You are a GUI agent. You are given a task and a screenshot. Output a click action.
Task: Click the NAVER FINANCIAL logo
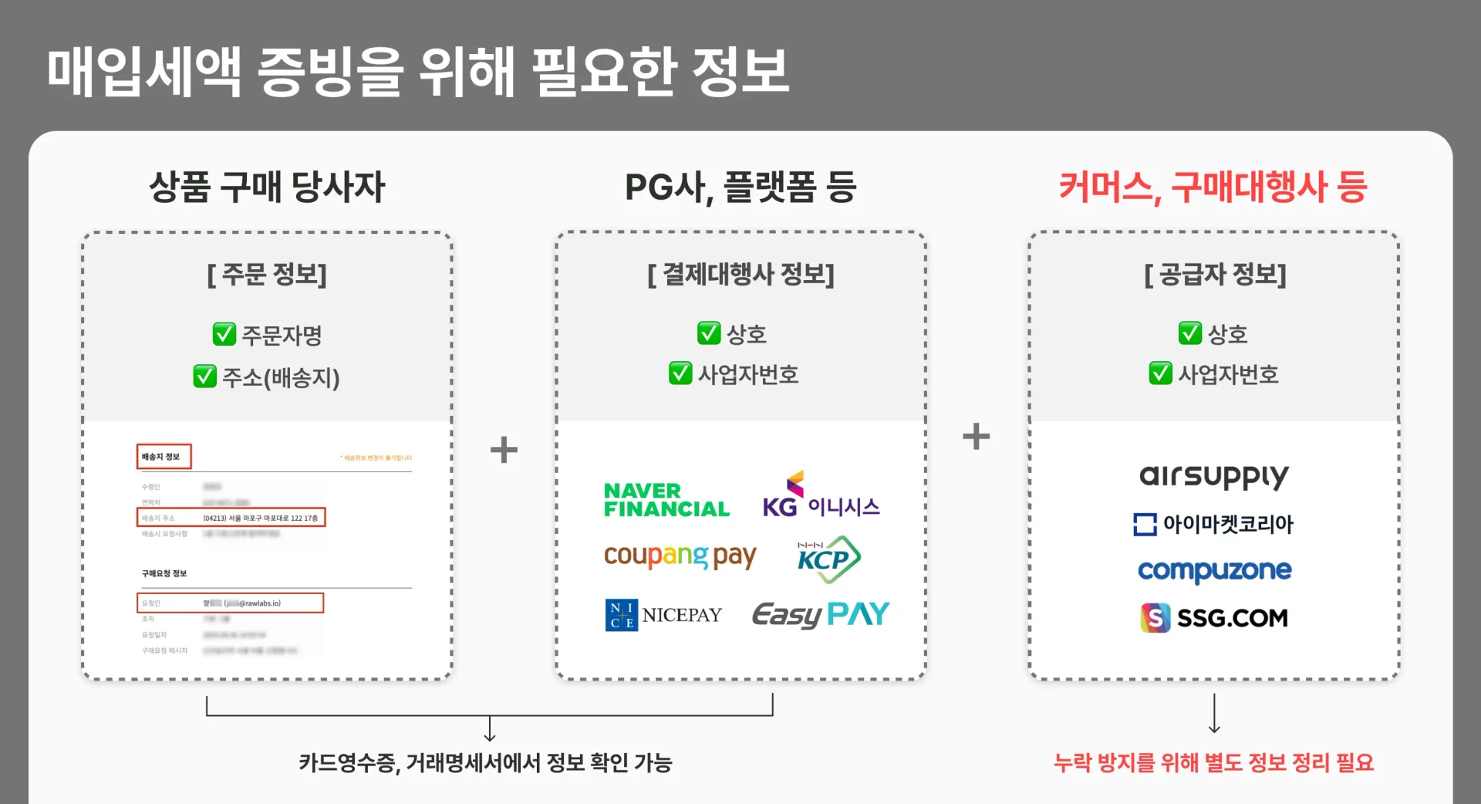666,500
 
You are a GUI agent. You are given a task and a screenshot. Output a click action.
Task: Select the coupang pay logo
680,556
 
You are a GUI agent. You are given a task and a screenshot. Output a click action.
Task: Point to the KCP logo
828,559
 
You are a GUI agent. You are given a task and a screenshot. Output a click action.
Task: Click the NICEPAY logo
664,615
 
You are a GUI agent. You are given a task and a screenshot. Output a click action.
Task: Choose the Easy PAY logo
821,614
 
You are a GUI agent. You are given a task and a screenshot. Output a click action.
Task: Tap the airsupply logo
1213,476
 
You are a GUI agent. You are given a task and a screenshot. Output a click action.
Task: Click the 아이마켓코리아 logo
1213,524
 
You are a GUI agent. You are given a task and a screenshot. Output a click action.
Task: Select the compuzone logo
1214,571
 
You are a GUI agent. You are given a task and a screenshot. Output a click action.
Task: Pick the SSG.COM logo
1214,618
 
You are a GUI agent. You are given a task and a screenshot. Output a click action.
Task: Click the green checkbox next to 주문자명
224,335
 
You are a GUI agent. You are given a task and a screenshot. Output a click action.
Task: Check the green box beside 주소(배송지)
204,377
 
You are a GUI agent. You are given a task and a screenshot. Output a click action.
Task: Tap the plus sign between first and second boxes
504,450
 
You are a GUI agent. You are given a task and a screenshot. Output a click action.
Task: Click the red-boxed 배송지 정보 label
164,457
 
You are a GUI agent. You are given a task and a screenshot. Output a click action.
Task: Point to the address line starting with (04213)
260,518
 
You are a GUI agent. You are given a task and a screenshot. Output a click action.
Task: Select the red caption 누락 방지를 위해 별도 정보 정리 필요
1213,762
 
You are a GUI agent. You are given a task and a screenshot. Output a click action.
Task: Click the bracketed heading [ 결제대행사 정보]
740,274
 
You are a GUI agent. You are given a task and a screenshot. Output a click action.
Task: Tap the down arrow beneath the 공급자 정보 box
1214,714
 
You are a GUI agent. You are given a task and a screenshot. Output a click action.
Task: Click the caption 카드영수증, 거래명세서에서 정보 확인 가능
485,762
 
